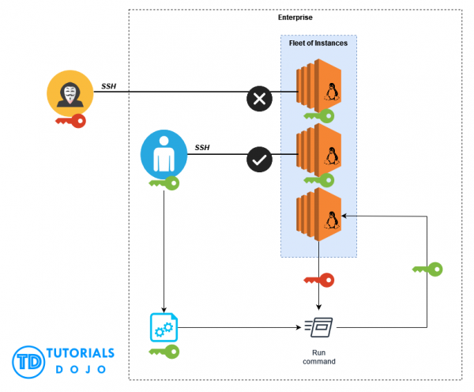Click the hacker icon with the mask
69,95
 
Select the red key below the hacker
70,121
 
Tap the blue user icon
164,153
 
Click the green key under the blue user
164,183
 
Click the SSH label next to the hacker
109,86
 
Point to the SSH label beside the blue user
203,147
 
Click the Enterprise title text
295,17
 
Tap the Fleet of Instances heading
318,43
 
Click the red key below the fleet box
318,280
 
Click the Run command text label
318,356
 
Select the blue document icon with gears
164,326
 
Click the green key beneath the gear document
164,351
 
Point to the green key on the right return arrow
427,269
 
